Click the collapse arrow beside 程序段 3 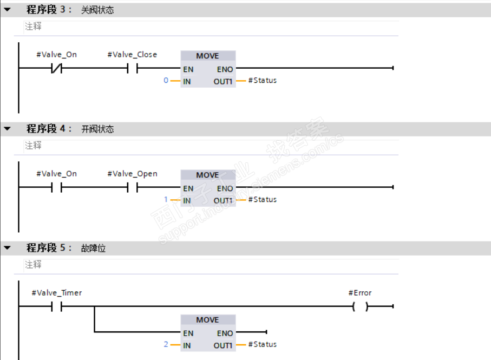pos(8,10)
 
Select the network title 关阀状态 pos(97,10)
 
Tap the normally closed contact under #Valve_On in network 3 pos(56,69)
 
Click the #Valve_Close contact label pos(132,55)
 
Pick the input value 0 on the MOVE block pos(166,80)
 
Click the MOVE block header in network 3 pos(207,56)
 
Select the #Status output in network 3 pos(263,80)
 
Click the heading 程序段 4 pos(49,129)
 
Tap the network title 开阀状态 pos(97,129)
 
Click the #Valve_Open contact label pos(132,174)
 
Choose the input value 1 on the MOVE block pos(166,199)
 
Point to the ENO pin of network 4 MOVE pos(225,188)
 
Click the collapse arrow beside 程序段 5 pos(8,248)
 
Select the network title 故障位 pos(93,248)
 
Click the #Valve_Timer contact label pos(56,293)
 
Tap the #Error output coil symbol pos(360,306)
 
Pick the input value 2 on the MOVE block pos(166,344)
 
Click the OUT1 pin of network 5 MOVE pos(222,345)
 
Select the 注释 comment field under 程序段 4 pos(34,146)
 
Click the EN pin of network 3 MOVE pos(188,69)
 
